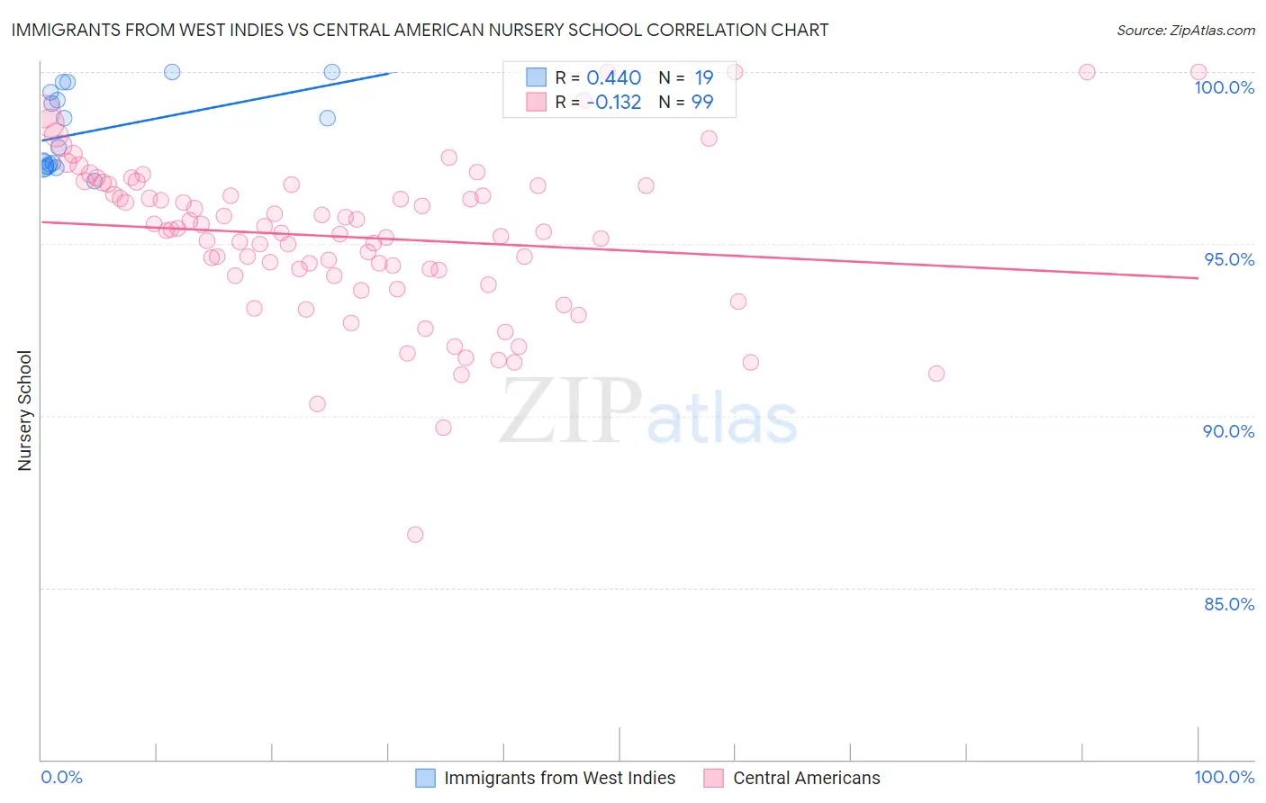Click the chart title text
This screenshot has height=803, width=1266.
point(420,30)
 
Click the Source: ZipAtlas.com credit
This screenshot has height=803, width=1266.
point(1185,30)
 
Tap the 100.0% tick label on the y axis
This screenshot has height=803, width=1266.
point(1224,87)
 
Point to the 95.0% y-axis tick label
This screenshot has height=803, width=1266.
point(1228,259)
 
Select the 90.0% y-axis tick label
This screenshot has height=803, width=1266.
point(1228,431)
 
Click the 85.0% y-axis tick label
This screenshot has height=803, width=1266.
point(1228,604)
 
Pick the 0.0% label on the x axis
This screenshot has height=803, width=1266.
point(61,777)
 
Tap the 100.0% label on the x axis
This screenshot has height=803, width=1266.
point(1224,777)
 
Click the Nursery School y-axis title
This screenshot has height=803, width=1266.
point(24,411)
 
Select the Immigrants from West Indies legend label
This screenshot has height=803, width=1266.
point(559,778)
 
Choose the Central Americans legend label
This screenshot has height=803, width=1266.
point(807,778)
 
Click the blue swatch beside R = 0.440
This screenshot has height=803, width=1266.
point(536,77)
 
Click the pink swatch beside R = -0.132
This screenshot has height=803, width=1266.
point(536,102)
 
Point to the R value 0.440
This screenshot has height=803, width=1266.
point(613,77)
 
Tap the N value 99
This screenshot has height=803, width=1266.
point(702,102)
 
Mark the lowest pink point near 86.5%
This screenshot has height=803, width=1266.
point(415,535)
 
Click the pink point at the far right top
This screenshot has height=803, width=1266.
point(1198,72)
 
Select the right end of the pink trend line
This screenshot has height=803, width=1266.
point(1198,278)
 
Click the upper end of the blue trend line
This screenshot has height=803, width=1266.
point(389,73)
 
